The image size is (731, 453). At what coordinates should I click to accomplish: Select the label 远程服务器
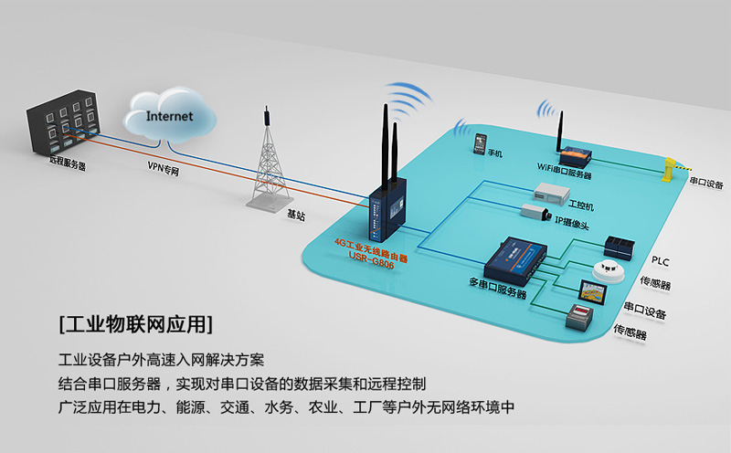(x=68, y=165)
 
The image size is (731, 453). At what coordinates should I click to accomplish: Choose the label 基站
(x=296, y=215)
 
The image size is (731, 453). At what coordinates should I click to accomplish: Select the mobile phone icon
(x=479, y=143)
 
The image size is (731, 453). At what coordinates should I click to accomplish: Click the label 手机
(x=496, y=153)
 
